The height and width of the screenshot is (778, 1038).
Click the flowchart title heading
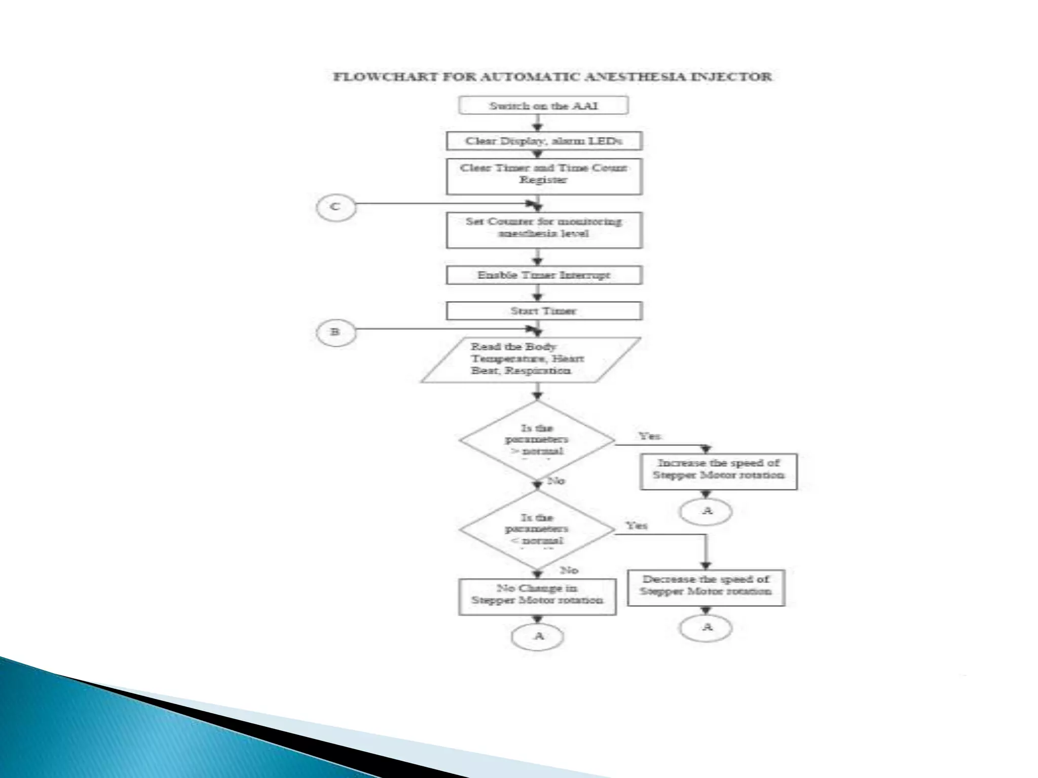coord(552,77)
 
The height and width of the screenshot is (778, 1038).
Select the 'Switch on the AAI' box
coord(543,106)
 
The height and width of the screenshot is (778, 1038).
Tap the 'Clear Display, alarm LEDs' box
coord(544,141)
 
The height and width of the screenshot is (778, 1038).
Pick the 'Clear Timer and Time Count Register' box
coord(544,176)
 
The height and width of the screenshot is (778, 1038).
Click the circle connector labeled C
coord(336,207)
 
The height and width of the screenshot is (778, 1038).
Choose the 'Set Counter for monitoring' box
coord(544,229)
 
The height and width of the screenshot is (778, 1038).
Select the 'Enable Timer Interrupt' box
coord(544,275)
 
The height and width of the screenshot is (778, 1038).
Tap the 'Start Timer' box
coord(544,310)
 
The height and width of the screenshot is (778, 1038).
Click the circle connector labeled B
coord(336,332)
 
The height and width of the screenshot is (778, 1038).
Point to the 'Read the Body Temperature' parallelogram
coord(530,360)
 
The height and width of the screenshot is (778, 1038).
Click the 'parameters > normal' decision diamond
coord(537,440)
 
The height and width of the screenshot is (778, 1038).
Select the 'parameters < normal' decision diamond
coord(537,529)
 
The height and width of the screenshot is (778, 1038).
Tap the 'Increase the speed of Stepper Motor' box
coord(718,471)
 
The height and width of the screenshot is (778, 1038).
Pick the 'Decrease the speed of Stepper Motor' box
coord(706,587)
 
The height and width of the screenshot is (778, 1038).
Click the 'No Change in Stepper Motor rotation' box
coord(537,597)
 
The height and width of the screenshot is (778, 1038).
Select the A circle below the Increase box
coord(706,511)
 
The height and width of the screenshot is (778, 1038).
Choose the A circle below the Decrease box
coord(706,628)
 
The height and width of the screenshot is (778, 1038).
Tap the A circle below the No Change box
coord(538,636)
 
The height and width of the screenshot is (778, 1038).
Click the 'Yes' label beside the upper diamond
coord(649,436)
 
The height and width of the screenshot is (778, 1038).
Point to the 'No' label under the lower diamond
coord(569,570)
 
